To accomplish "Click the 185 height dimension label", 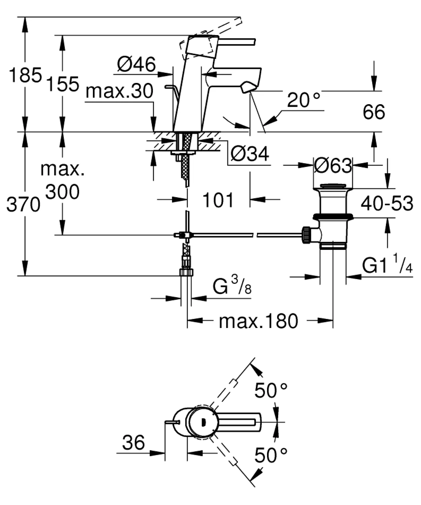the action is (x=25, y=75).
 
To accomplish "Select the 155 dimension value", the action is (x=63, y=84).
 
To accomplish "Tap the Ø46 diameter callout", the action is (x=136, y=64).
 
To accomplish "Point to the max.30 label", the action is (x=119, y=91).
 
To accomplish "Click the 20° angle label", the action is (x=304, y=100).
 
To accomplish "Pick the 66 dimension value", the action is (x=374, y=112).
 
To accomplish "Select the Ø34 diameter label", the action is (x=250, y=153).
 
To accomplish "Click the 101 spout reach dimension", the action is (x=218, y=200).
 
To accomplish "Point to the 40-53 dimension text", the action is (x=387, y=203).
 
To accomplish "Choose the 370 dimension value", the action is (x=23, y=205).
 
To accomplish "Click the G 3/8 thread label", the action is (x=232, y=286).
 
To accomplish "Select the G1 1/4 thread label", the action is (x=387, y=264).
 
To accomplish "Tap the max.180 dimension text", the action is (x=258, y=321).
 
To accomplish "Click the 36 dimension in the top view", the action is (x=133, y=442).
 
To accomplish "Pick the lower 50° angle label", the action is (x=271, y=455).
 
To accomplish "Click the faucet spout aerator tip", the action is (x=247, y=87).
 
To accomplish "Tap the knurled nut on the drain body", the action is (x=306, y=235).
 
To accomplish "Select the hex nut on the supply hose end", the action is (x=186, y=272).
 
